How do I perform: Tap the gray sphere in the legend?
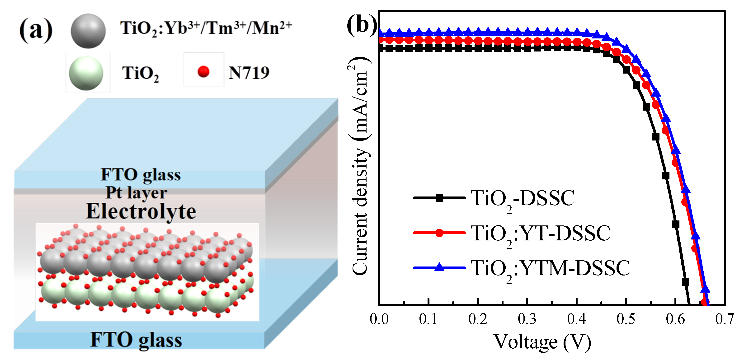pyautogui.click(x=88, y=31)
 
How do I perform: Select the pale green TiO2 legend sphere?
pyautogui.click(x=86, y=73)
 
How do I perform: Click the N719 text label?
pyautogui.click(x=249, y=73)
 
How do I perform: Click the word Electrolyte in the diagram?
pyautogui.click(x=141, y=212)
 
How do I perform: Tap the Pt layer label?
pyautogui.click(x=136, y=192)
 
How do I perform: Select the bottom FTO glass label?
pyautogui.click(x=136, y=340)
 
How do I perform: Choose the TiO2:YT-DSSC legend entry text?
pyautogui.click(x=540, y=234)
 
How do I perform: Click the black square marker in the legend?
pyautogui.click(x=439, y=198)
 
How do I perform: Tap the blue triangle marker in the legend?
pyautogui.click(x=439, y=267)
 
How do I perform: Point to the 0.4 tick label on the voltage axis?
pyautogui.click(x=576, y=319)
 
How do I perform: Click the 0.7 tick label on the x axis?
pyautogui.click(x=724, y=319)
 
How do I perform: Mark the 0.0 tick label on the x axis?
pyautogui.click(x=379, y=319)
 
